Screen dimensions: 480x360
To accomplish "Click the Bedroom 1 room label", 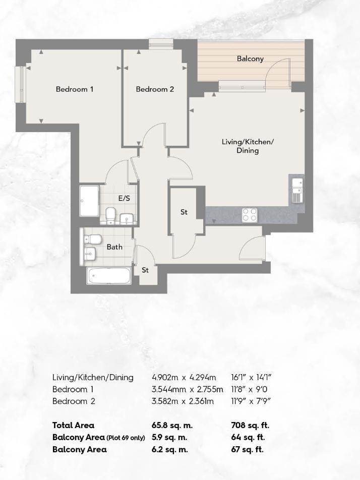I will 75,89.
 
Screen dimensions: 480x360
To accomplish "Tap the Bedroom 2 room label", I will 155,89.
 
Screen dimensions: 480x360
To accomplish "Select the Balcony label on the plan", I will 250,58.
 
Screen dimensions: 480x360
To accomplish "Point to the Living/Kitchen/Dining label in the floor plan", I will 248,146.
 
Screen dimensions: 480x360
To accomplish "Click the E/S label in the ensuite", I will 124,198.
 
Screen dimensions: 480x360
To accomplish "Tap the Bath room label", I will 114,247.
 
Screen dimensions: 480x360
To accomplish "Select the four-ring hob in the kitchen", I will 250,215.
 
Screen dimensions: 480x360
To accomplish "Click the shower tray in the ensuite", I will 89,201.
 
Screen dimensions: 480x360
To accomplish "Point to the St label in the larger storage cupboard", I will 184,212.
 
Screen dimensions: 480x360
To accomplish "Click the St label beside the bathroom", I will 145,270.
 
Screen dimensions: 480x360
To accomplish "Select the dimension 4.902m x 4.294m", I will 184,377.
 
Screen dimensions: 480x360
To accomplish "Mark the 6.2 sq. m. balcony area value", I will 170,449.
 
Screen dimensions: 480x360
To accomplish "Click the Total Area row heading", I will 73,425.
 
